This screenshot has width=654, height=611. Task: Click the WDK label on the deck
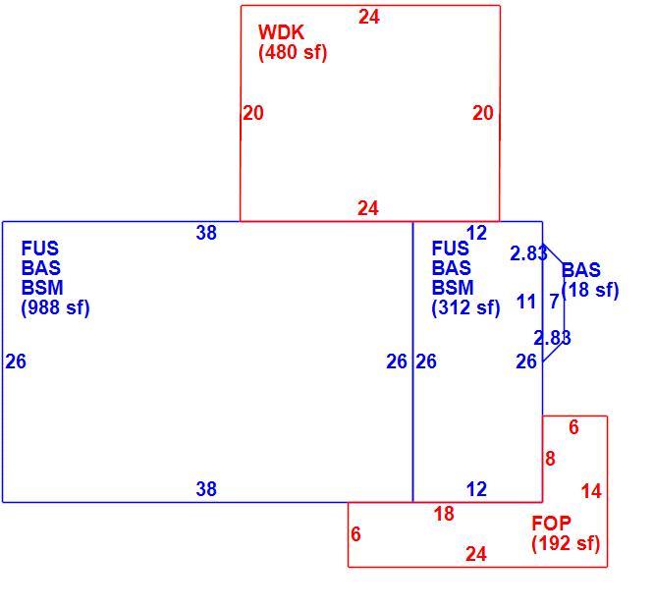coord(281,32)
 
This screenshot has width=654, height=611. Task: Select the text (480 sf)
coord(293,53)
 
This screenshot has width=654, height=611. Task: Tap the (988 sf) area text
coord(55,308)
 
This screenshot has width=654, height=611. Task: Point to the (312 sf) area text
coord(465,308)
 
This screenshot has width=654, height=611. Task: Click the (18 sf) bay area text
coord(590,290)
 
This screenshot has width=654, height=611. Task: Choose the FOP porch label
coord(552,523)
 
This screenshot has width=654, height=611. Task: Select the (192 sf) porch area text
coord(566,543)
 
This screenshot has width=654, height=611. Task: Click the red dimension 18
coord(444,514)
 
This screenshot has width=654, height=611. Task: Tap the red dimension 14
coord(591,491)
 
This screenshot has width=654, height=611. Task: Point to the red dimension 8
coord(550,459)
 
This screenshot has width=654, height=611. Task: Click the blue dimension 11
coord(526,302)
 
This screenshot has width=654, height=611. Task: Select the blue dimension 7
coord(554,302)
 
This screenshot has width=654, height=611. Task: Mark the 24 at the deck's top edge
coord(369,17)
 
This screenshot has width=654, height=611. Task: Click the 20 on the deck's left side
coord(253,113)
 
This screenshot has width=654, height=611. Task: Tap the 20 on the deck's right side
coord(483,113)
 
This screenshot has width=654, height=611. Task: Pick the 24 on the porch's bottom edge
coord(476,554)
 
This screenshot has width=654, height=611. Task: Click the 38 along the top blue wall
coord(206,233)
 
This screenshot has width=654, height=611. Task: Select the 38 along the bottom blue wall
coord(206,489)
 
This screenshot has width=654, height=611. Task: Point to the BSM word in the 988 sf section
coord(42,288)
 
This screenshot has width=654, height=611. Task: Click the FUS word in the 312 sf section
coord(451,249)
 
